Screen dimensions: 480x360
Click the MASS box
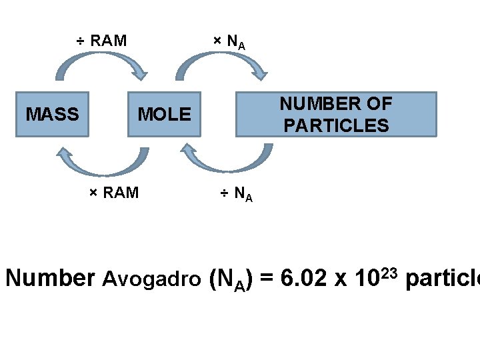[52, 114]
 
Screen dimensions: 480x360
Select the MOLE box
[164, 114]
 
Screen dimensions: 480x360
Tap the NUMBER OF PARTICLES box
[336, 114]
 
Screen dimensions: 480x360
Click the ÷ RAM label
[101, 41]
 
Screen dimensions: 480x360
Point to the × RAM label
[114, 193]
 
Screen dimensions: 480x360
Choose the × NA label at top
[229, 41]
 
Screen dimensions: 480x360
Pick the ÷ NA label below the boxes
[237, 194]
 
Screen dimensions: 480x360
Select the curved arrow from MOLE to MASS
[100, 164]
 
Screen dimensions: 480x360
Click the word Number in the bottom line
[51, 278]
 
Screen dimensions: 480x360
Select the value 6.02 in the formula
[304, 278]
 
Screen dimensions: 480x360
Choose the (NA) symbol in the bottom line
[230, 279]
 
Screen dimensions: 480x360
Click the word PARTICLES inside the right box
[336, 125]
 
